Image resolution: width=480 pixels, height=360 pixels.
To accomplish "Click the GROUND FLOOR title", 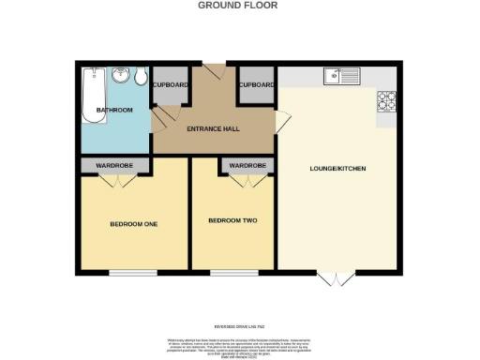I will point(239,5).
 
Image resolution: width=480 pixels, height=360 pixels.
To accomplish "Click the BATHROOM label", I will point(113,111).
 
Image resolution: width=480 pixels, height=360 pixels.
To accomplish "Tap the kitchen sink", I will point(337,76).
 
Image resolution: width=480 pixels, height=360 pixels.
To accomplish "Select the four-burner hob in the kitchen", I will point(387,100).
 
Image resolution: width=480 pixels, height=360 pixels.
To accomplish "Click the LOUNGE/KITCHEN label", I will point(337,169).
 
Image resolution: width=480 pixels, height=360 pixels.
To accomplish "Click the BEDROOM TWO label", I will point(232,220).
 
